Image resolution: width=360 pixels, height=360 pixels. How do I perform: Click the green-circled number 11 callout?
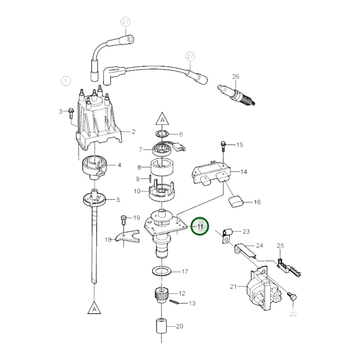pyautogui.click(x=199, y=226)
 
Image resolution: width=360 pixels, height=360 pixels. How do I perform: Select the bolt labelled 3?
pyautogui.click(x=71, y=113)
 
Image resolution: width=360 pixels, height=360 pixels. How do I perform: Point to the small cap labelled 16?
pyautogui.click(x=236, y=202)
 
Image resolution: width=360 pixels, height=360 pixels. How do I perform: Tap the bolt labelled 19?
pyautogui.click(x=124, y=220)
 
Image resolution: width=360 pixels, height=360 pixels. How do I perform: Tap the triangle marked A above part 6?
pyautogui.click(x=162, y=119)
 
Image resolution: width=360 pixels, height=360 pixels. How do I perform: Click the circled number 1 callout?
pyautogui.click(x=66, y=81)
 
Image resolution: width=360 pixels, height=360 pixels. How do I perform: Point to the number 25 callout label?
pyautogui.click(x=280, y=246)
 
